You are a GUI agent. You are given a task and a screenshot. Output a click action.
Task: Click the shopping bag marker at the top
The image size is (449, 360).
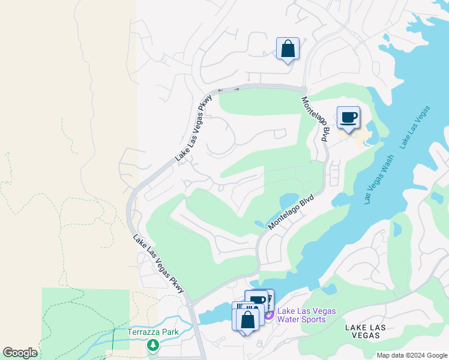[x=288, y=49]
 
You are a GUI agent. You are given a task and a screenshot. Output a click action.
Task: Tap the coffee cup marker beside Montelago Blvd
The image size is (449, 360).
[x=348, y=117]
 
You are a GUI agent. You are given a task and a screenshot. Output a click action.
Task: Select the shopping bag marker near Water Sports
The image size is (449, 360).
[x=247, y=319]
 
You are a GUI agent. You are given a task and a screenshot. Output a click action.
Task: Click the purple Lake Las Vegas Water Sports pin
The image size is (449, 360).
[x=269, y=314]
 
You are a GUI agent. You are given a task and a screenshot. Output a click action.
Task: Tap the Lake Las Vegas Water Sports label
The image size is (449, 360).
[x=306, y=315]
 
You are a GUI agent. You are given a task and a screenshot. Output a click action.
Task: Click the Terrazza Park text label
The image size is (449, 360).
[x=148, y=332]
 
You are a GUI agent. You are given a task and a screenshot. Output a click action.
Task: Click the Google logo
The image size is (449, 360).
[x=19, y=353]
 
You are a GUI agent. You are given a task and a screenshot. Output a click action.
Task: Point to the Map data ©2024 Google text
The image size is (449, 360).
[x=412, y=355]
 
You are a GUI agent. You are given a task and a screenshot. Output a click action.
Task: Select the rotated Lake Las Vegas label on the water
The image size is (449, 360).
[x=415, y=127]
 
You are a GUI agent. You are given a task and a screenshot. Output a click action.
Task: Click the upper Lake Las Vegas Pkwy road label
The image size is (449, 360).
[x=194, y=128]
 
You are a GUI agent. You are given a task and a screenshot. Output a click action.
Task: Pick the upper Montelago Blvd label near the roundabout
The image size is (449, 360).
[x=315, y=119]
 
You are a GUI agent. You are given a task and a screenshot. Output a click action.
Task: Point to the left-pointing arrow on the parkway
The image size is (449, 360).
[x=220, y=91]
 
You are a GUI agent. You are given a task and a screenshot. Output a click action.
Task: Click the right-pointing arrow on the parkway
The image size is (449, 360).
[x=236, y=89]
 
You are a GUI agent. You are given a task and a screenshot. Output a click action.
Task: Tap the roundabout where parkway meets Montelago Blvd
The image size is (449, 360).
[x=304, y=89]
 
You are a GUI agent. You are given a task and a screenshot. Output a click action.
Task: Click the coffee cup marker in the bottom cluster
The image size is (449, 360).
[x=258, y=300]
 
